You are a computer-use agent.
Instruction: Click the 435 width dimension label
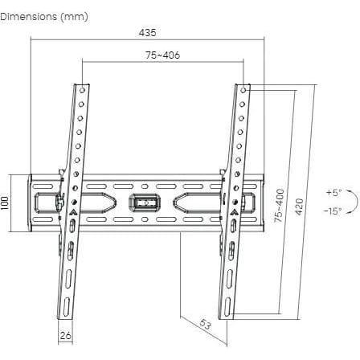pos(147,33)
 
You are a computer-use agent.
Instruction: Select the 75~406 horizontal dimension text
pos(163,55)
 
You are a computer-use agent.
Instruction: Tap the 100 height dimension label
pos(5,202)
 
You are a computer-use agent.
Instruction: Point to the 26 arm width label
pos(66,335)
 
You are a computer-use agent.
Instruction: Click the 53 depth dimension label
pos(205,325)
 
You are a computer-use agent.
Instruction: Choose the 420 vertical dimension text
pos(299,207)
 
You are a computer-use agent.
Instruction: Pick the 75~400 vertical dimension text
pos(280,206)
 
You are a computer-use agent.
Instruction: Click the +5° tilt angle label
pos(334,192)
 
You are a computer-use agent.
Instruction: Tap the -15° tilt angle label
pos(332,211)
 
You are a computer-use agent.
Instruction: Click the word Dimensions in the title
pos(29,17)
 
